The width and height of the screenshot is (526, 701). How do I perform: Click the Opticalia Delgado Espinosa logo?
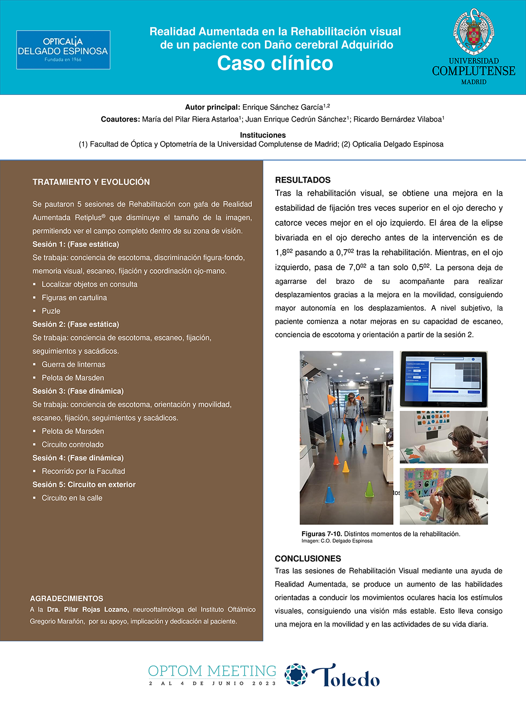63,50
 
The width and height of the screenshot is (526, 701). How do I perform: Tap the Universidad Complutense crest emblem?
473,32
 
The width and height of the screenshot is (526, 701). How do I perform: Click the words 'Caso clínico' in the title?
275,63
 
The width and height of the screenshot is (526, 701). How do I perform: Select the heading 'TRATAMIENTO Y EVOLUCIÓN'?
91,182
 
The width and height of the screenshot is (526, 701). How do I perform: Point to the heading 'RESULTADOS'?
302,180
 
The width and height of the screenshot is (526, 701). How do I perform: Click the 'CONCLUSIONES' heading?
308,558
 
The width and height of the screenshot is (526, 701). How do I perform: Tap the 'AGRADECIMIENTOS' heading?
67,598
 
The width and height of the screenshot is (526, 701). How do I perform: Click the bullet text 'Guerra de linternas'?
74,364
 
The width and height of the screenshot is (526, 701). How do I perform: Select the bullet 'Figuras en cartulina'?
74,297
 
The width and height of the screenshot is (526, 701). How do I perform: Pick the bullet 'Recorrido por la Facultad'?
83,471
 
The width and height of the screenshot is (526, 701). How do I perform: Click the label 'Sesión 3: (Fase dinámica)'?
78,391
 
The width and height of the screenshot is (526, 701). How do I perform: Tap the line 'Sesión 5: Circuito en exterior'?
84,484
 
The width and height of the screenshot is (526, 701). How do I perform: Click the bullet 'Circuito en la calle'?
72,498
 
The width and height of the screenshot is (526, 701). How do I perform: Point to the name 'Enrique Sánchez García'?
282,107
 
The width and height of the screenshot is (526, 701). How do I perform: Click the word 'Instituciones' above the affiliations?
263,135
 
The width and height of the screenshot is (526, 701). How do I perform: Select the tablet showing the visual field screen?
444,379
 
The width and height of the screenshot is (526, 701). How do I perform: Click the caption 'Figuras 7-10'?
321,534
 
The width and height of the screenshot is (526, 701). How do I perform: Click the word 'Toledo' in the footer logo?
346,676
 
